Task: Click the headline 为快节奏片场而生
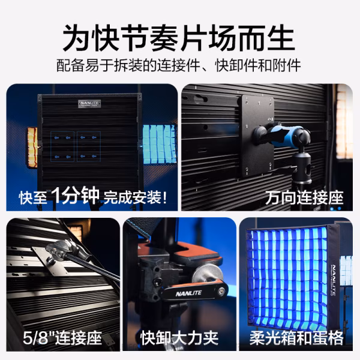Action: tap(179, 37)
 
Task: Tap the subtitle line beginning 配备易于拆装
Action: tap(179, 65)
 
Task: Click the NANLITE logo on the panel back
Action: tap(92, 103)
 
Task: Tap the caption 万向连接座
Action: tap(304, 196)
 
